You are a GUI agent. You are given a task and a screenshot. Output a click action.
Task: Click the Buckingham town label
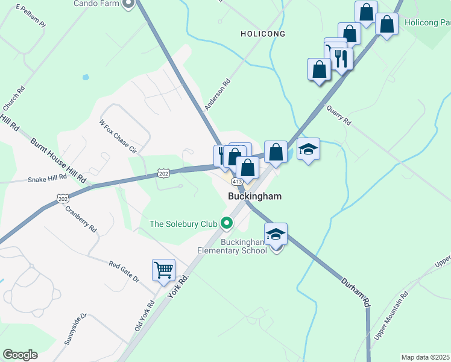[x=254, y=197]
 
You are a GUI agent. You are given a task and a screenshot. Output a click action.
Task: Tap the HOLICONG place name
[x=263, y=34]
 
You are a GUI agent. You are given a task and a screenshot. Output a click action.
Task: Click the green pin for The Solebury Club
[x=227, y=224]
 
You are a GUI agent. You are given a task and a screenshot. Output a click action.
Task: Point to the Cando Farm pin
[x=128, y=4]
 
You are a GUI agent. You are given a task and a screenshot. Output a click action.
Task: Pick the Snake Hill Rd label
[x=47, y=179]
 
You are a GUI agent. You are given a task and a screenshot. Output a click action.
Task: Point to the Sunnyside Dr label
[x=76, y=328]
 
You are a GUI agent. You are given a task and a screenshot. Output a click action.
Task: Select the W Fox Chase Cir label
[x=118, y=137]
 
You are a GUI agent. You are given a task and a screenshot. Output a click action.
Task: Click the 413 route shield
[x=237, y=181]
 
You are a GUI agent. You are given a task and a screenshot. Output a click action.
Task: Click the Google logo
[x=20, y=355]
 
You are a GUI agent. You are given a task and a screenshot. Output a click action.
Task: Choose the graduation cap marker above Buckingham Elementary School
[x=276, y=234]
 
